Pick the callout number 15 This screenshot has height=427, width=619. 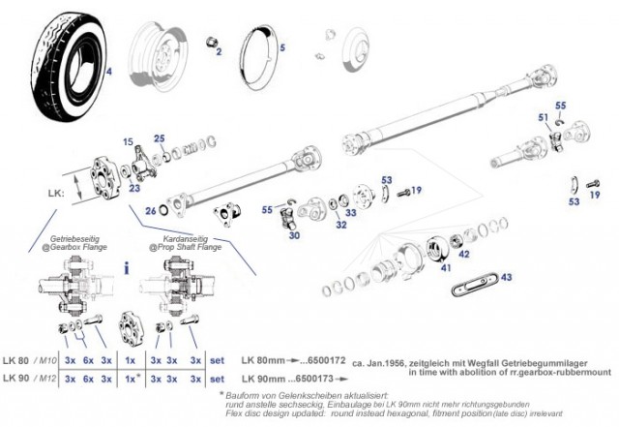(x=128, y=142)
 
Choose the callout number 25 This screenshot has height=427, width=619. (x=160, y=137)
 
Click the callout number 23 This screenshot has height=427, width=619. (x=134, y=188)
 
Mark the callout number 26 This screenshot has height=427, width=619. (x=150, y=209)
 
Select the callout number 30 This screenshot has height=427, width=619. (x=294, y=235)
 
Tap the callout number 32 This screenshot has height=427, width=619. (x=341, y=225)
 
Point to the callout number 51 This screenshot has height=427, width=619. (x=544, y=117)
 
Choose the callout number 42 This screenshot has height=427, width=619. (x=464, y=255)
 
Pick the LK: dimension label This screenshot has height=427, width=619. (x=55, y=193)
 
